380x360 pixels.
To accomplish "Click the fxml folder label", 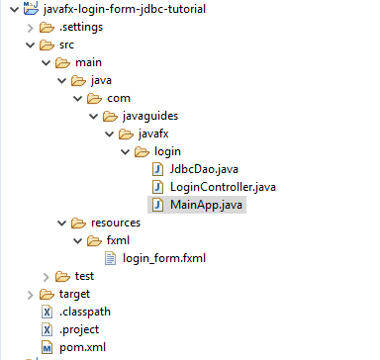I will tap(119, 240).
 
